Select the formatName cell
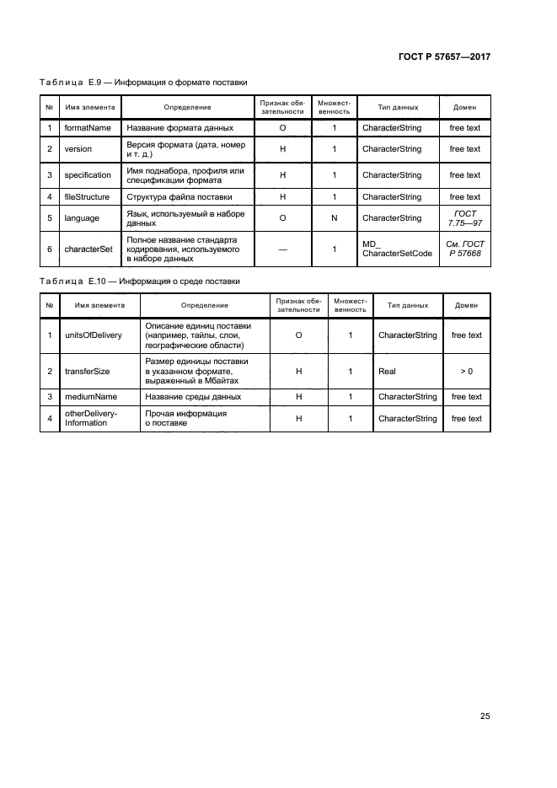pos(88,128)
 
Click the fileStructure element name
pos(87,197)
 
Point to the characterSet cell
pos(88,249)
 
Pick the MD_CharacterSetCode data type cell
pos(396,249)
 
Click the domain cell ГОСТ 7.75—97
pos(464,218)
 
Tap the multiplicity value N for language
pos(334,218)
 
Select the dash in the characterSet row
pos(282,249)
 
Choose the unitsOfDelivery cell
pos(93,335)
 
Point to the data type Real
pos(387,371)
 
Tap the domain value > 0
pos(466,371)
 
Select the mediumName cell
pos(91,397)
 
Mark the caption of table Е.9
pos(143,83)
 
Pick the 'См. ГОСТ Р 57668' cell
pos(464,249)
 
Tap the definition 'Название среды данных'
pos(193,397)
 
